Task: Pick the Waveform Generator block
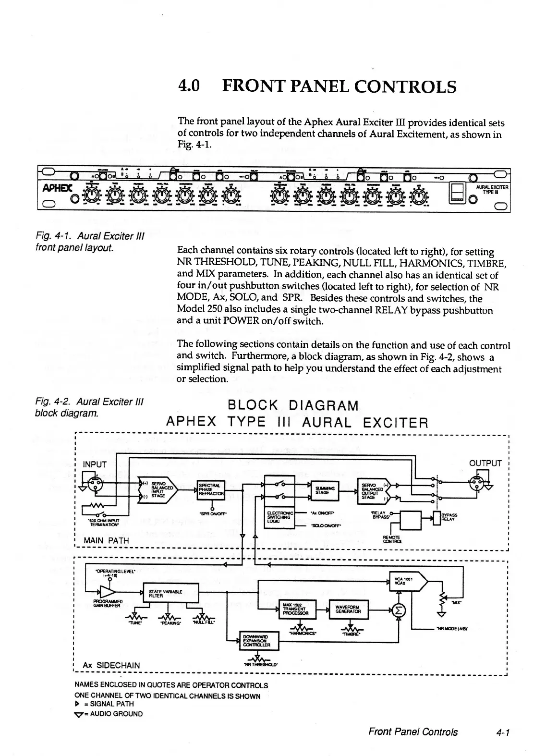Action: coord(348,610)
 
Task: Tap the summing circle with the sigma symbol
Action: coord(399,610)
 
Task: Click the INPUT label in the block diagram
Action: coord(95,464)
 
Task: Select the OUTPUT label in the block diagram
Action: coord(485,463)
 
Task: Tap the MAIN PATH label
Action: coord(106,540)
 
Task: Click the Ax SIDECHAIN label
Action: coord(111,665)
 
